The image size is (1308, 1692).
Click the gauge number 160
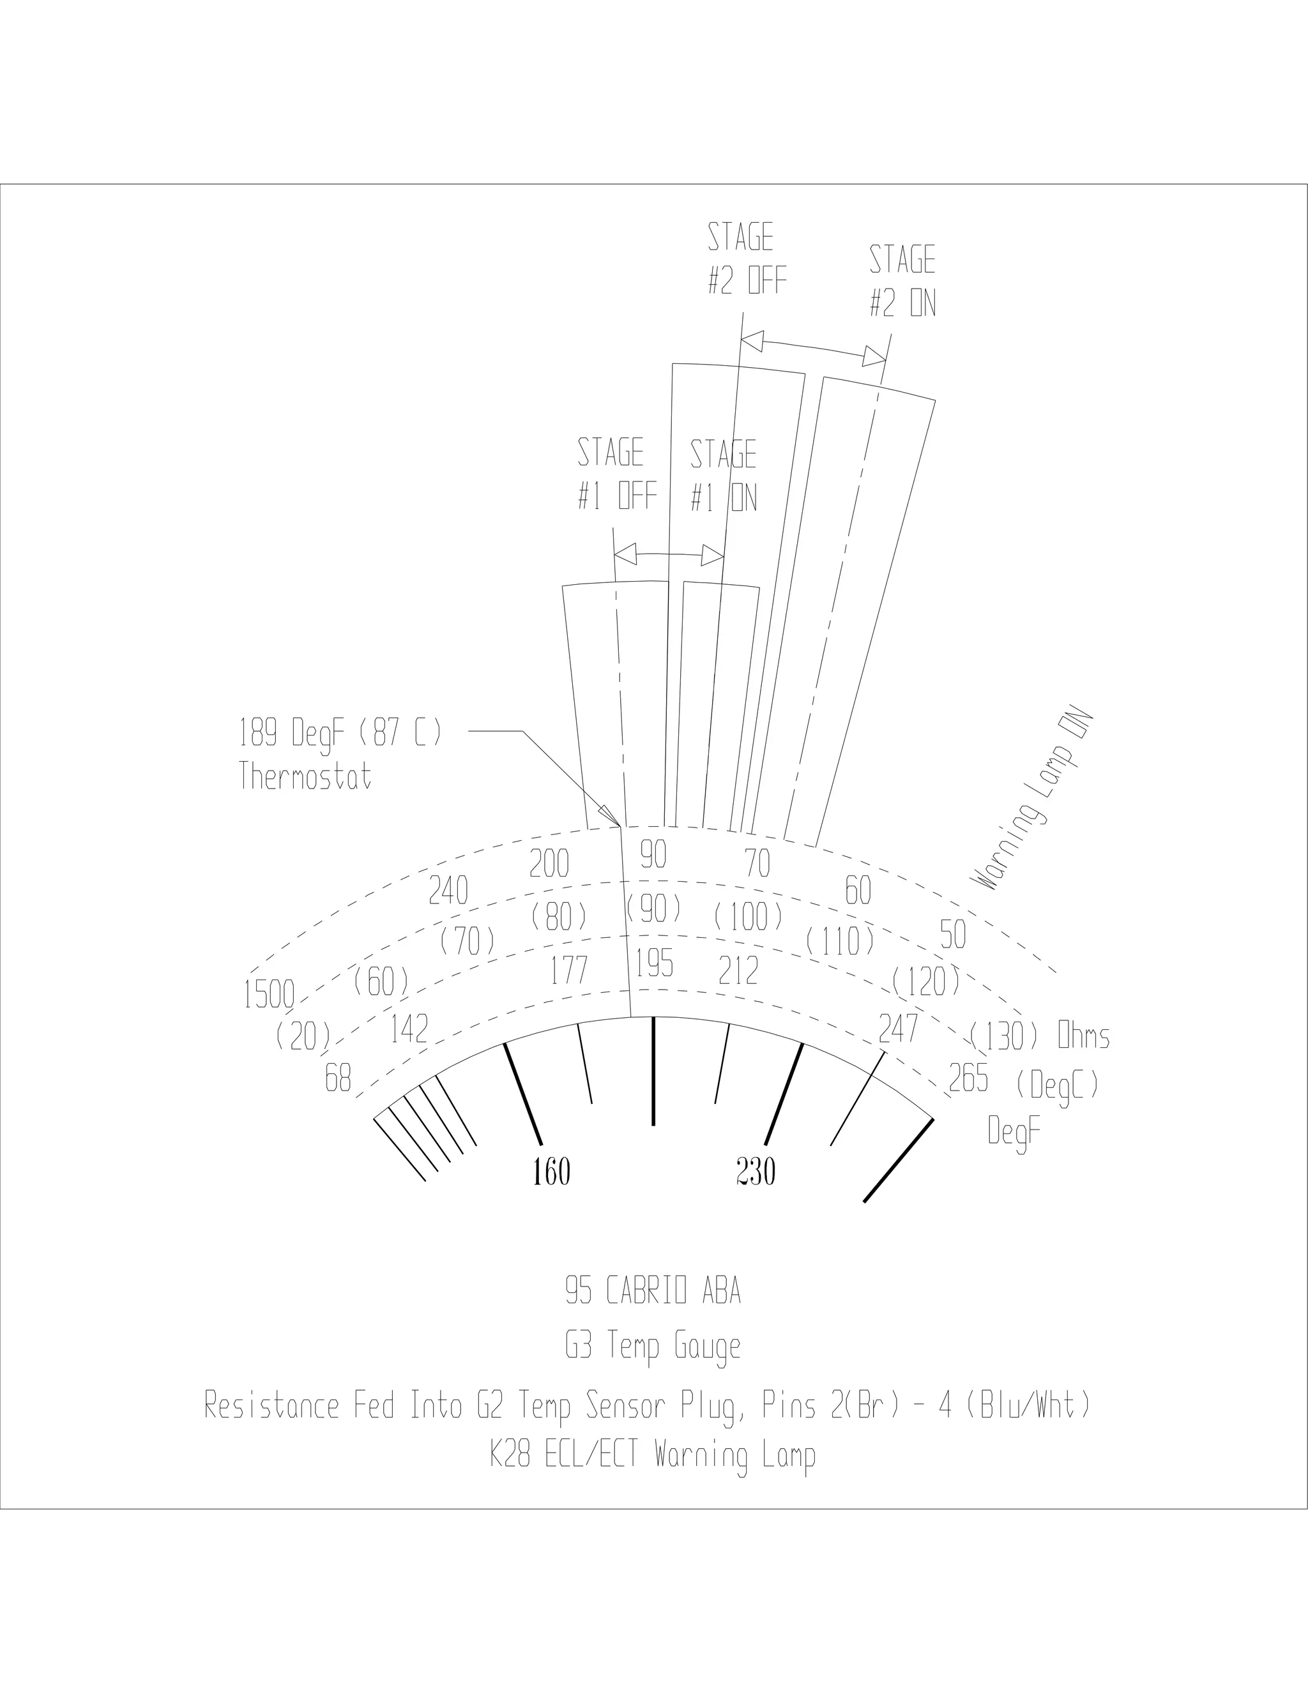551,1172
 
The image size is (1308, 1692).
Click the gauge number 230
756,1172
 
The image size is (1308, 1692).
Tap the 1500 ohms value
269,995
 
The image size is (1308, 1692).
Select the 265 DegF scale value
969,1078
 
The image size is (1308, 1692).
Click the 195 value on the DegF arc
654,963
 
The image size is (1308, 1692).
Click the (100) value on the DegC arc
749,918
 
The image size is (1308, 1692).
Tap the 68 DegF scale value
338,1078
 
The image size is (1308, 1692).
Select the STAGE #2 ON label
902,281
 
